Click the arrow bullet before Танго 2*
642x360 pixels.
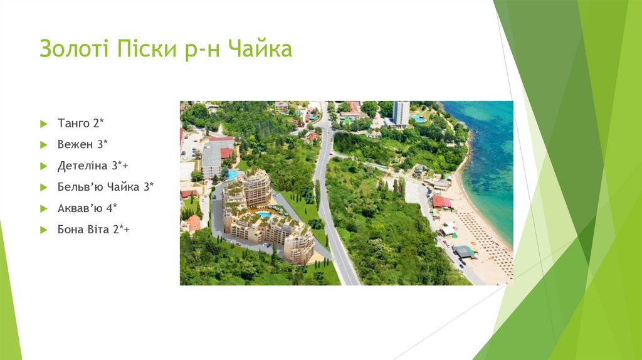pos(43,124)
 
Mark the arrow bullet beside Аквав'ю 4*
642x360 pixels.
pos(43,208)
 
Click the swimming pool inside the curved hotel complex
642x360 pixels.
pos(264,214)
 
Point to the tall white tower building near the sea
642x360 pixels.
pos(401,114)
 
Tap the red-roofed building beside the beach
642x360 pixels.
pos(441,201)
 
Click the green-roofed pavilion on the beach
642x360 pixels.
pos(464,251)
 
